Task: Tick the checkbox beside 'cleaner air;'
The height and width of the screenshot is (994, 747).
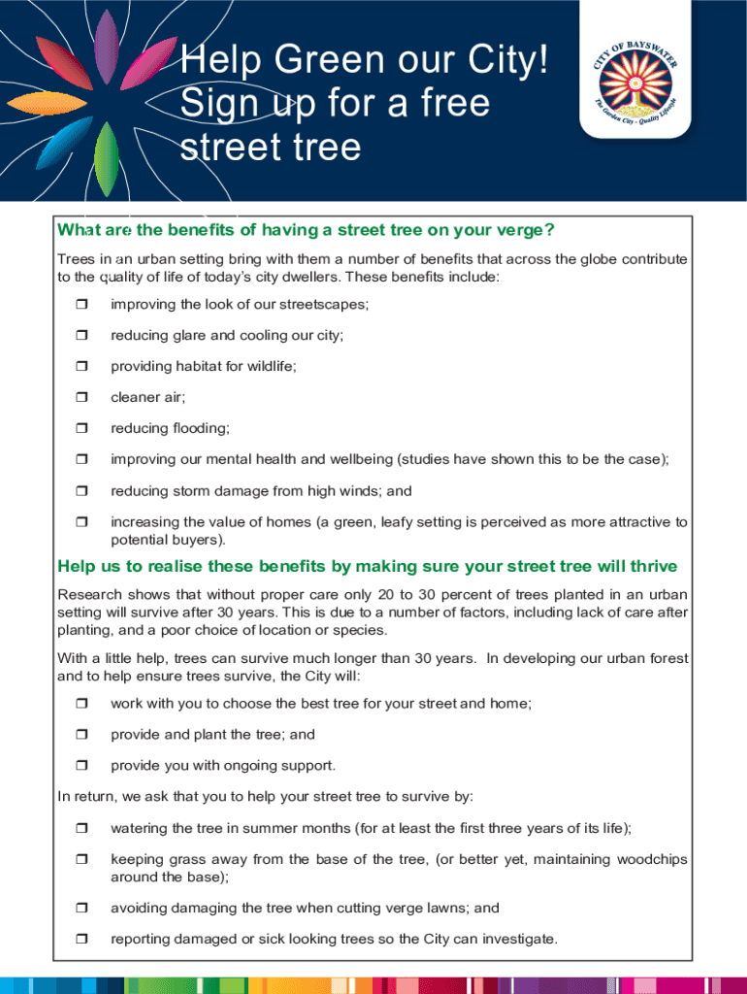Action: (81, 398)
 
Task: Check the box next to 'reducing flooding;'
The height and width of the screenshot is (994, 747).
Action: (81, 429)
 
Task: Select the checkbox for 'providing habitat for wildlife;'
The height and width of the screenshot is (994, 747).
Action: (81, 367)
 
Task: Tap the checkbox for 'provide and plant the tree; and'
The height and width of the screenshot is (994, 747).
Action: (81, 735)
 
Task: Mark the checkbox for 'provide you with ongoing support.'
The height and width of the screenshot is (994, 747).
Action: (81, 766)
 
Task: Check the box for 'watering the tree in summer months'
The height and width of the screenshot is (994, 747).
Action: (81, 829)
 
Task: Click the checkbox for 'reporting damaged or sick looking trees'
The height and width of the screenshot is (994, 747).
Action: (81, 940)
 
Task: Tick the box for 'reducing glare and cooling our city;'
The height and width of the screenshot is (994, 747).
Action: (81, 336)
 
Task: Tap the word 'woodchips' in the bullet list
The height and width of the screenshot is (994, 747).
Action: (649, 859)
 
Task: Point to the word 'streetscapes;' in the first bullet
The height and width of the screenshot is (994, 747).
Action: (319, 304)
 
